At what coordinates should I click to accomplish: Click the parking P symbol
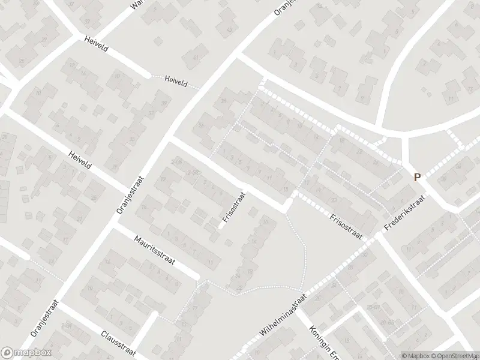(x=417, y=177)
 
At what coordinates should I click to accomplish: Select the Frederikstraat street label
(x=404, y=213)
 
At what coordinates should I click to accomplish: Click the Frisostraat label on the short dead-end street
(x=233, y=208)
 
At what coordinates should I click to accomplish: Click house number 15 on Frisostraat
(x=284, y=190)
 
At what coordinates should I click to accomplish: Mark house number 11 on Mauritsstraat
(x=210, y=262)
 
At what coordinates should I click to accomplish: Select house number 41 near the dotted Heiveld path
(x=197, y=57)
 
